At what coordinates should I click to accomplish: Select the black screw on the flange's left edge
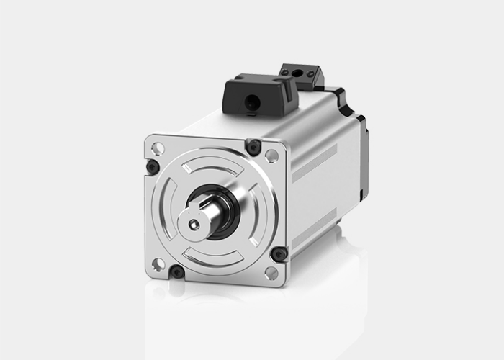152,167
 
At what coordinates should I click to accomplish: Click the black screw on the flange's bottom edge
176,272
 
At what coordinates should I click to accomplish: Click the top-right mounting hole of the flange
271,155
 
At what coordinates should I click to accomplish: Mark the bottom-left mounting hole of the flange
158,264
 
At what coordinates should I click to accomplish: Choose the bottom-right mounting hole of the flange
271,273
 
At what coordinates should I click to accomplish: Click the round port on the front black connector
251,104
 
